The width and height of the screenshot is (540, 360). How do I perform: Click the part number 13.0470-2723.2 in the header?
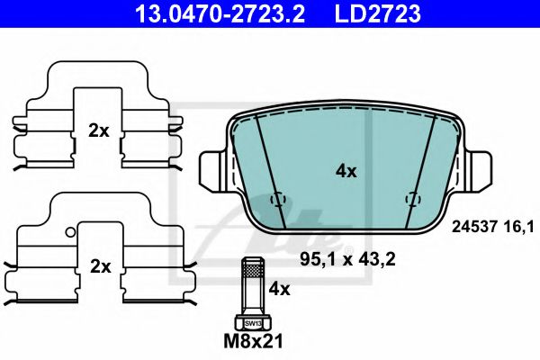tap(220, 13)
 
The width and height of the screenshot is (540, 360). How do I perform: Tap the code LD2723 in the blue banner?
tap(378, 13)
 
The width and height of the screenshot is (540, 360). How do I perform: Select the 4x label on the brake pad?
tap(346, 171)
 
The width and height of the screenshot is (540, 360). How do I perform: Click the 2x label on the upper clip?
tap(98, 130)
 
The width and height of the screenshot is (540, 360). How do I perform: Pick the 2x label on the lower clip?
tap(100, 266)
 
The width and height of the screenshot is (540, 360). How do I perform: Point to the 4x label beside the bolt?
tap(279, 289)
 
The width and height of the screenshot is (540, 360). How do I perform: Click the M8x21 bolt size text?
tap(253, 341)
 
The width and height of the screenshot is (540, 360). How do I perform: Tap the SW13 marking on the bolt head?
tap(253, 323)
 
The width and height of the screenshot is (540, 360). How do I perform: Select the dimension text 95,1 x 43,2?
tap(347, 258)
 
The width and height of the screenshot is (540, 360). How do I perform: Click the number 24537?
tap(474, 227)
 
